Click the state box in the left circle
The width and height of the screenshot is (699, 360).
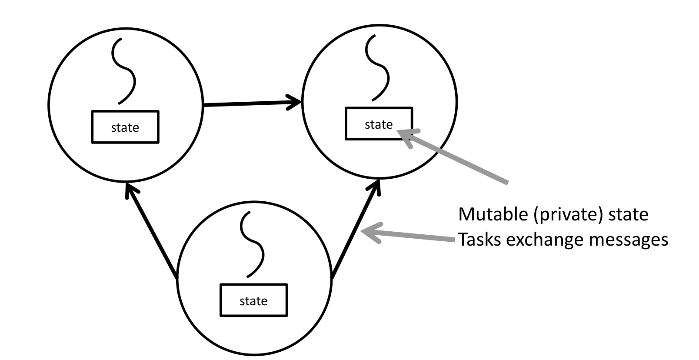125,127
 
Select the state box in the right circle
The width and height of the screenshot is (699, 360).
379,124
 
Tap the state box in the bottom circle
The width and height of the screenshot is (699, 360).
253,300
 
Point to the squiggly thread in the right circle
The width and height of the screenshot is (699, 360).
377,67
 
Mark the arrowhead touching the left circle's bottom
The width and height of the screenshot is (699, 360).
128,190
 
